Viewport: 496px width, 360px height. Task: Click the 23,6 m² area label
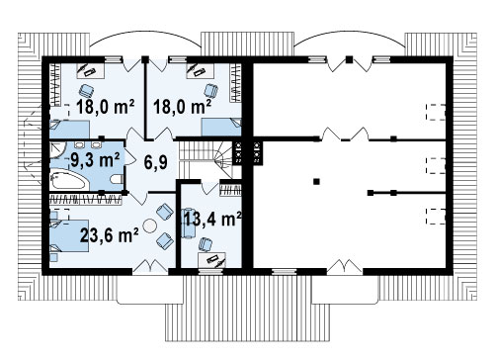110,235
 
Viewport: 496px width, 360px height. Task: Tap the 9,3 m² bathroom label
95,159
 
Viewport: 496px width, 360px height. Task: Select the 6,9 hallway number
156,162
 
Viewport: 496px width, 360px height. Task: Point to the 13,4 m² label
212,219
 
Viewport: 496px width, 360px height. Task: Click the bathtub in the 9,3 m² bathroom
69,179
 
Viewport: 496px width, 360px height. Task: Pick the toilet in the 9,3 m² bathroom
117,179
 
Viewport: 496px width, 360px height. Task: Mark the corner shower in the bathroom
58,150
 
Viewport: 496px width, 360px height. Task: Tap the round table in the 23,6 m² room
150,225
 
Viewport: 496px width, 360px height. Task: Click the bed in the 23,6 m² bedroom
69,235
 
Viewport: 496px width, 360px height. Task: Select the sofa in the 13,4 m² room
189,223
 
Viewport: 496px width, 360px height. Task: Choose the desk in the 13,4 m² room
211,260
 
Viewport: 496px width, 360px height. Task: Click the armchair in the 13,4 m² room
206,244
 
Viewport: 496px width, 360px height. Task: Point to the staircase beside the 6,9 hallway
207,159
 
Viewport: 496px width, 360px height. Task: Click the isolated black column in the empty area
316,181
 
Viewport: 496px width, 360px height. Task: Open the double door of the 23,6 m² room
150,266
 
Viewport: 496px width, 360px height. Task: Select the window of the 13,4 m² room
211,272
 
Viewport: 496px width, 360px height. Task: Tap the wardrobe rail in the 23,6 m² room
85,200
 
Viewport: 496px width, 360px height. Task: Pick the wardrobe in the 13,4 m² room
230,190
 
